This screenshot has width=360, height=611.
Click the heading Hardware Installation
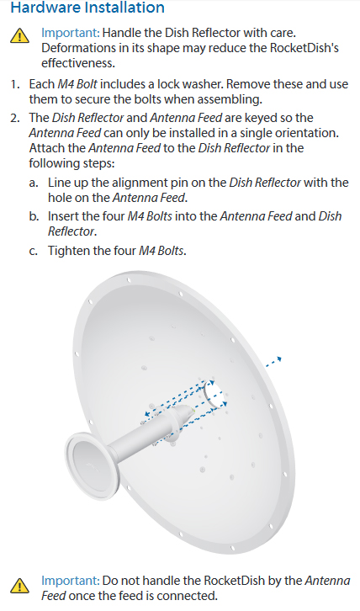pos(87,9)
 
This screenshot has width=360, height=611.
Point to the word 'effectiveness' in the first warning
pos(78,62)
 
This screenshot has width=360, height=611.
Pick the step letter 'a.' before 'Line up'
pos(33,183)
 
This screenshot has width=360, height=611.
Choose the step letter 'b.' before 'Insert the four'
pos(33,216)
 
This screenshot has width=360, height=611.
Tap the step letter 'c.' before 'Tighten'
pos(33,251)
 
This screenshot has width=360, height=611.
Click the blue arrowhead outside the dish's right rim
pos(278,359)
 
